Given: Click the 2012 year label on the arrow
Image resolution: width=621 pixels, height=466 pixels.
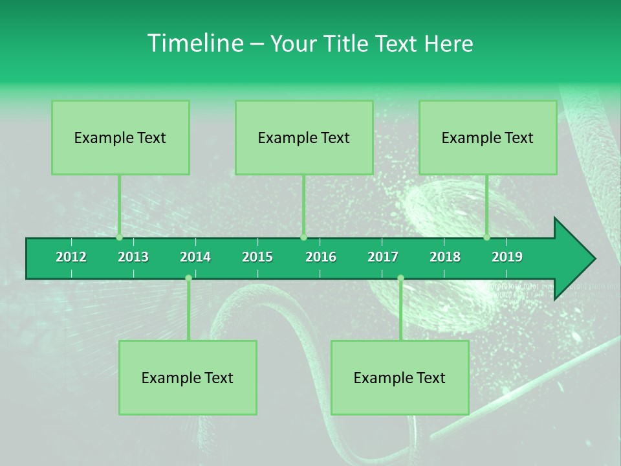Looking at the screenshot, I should [71, 257].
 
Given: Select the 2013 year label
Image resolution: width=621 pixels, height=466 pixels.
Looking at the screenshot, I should [133, 257].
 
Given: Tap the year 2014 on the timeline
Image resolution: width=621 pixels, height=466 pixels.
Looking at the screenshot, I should [195, 257].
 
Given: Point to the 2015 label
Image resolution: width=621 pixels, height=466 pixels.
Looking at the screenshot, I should [257, 257].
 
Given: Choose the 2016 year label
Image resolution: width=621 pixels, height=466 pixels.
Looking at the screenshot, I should [321, 257].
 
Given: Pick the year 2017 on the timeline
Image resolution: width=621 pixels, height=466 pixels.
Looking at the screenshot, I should [383, 257].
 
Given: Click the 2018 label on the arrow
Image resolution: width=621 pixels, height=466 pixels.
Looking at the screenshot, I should [445, 257].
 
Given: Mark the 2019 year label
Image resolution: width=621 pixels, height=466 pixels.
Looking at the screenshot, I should [507, 257].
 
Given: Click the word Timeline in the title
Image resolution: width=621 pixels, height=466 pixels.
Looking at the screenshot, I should [195, 43].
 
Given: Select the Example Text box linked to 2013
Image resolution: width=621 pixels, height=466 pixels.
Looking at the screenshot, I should [120, 137].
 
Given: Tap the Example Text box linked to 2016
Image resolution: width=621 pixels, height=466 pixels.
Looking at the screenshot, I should [304, 137].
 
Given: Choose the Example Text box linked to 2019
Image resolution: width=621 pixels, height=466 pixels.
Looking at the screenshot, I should [488, 137].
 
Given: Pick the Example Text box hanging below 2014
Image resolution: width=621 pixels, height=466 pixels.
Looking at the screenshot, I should [188, 377].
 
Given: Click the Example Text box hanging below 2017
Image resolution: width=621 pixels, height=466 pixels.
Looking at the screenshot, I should [400, 377].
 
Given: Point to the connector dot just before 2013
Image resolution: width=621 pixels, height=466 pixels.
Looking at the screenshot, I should [119, 238].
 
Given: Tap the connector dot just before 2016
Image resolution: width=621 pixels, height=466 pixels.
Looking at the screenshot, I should [303, 238].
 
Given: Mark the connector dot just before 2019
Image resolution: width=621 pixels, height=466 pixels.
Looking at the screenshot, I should [487, 238].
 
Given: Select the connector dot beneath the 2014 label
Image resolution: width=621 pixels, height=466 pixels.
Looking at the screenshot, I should [188, 278].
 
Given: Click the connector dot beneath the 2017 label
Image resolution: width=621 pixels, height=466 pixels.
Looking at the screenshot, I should [400, 278].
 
